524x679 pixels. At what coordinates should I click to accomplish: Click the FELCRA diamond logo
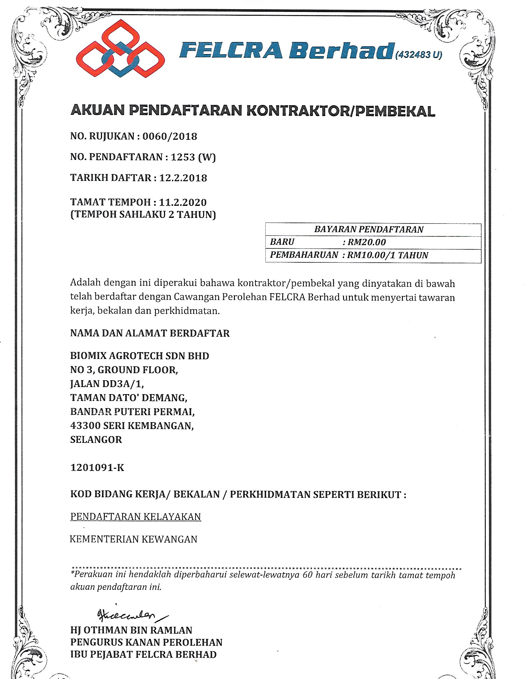click(x=121, y=48)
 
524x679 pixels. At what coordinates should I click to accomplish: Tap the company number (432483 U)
click(x=419, y=55)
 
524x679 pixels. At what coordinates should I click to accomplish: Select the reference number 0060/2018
click(x=170, y=136)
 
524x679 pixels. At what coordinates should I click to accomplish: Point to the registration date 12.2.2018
click(x=183, y=178)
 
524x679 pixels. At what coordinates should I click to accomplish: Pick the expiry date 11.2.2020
click(x=182, y=202)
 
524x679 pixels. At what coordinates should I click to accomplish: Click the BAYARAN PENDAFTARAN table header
click(x=368, y=229)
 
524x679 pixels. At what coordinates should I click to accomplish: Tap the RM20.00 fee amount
click(x=366, y=242)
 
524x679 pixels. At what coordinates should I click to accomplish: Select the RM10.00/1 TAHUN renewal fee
click(x=387, y=255)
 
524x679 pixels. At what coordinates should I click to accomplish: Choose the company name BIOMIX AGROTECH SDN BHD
click(x=139, y=356)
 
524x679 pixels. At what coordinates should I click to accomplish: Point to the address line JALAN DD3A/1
click(x=107, y=384)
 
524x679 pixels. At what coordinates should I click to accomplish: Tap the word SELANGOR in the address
click(x=96, y=439)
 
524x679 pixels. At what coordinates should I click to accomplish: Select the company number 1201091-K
click(x=97, y=468)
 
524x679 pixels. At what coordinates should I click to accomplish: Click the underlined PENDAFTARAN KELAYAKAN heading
click(x=136, y=516)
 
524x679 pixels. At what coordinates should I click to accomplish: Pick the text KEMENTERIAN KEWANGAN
click(x=133, y=539)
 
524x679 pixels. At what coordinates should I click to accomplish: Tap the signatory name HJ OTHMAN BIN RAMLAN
click(x=131, y=630)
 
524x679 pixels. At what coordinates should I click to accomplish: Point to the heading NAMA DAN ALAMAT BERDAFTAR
click(x=150, y=333)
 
